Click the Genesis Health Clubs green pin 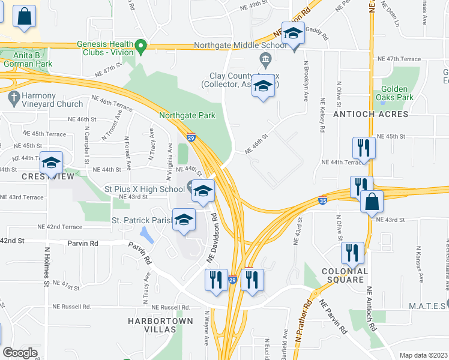tap(141, 46)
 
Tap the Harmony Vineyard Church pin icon tap(12, 96)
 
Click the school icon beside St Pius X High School tap(203, 192)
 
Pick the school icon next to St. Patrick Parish tap(184, 220)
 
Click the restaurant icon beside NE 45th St tap(364, 148)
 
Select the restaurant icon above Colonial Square tap(352, 253)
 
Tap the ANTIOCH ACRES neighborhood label tap(371, 114)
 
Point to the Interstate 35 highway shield tap(323, 201)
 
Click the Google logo tap(20, 353)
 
